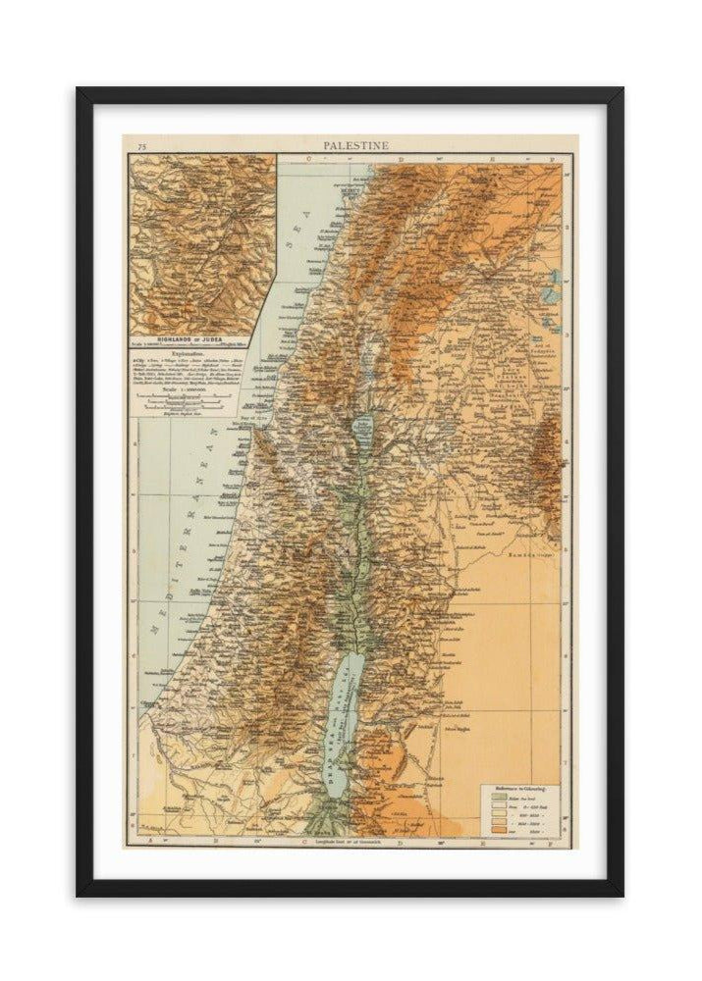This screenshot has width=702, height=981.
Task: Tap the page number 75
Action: tap(142, 147)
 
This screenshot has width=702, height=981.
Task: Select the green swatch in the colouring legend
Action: tap(498, 798)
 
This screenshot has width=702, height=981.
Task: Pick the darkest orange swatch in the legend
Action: tap(498, 833)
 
